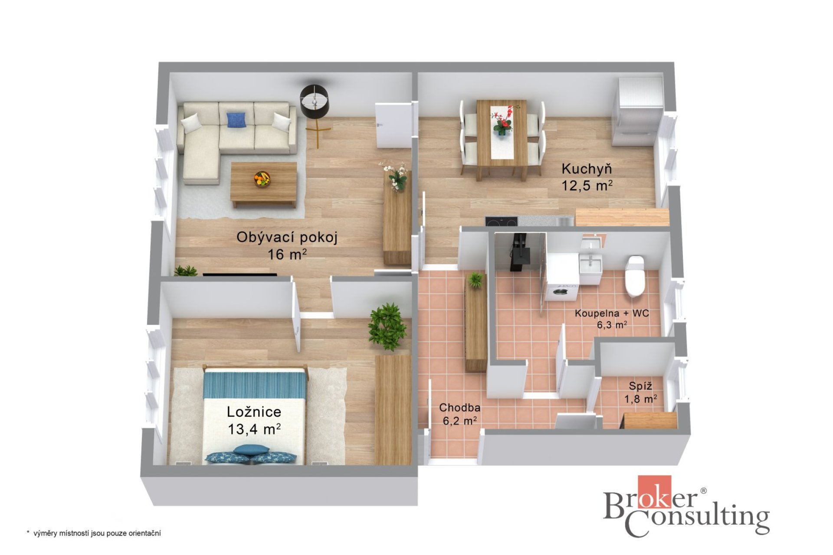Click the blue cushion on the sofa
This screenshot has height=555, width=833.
tap(236, 119)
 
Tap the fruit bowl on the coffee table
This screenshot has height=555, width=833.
tap(262, 179)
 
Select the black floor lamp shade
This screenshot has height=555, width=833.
tap(314, 101)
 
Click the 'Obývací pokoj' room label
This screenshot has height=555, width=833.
tap(287, 237)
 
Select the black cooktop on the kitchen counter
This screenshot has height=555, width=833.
tap(502, 221)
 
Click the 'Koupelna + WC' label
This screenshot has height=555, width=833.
tap(612, 313)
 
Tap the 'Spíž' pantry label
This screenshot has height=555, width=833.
tap(640, 386)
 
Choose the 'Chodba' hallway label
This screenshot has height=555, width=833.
tap(459, 408)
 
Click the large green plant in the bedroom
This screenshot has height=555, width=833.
tap(387, 326)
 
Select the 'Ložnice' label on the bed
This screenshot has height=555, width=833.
tap(254, 412)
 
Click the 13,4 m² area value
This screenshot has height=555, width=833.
tap(254, 429)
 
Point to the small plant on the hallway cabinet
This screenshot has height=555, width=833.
tap(476, 279)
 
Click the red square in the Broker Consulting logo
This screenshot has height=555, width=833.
tap(654, 492)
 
